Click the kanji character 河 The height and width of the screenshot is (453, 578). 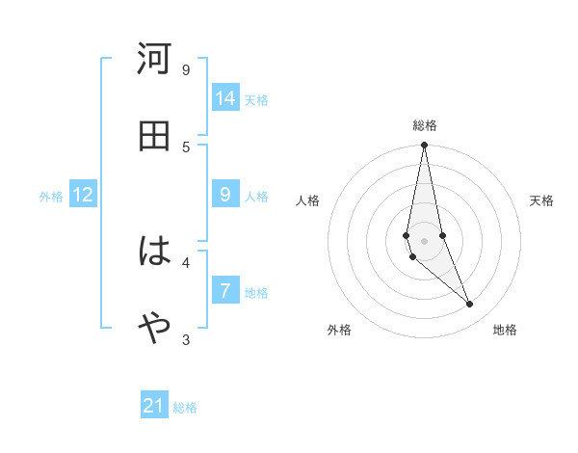[154, 60]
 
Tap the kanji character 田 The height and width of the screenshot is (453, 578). [154, 136]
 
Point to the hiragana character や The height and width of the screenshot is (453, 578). [154, 329]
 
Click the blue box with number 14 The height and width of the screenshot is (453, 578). [225, 98]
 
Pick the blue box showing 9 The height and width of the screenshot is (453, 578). [225, 195]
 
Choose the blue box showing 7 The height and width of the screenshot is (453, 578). [225, 291]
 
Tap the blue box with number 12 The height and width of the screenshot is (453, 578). [83, 195]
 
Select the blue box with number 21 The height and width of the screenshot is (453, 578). [154, 406]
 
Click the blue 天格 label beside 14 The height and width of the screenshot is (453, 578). [256, 100]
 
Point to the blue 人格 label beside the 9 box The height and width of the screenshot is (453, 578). [256, 197]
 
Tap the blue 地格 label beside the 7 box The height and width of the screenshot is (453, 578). [256, 293]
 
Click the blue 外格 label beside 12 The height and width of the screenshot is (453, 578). [51, 197]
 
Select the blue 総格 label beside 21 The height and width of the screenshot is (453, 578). [185, 408]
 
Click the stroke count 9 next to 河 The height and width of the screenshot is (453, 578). [186, 69]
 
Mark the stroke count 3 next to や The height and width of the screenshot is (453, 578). [186, 339]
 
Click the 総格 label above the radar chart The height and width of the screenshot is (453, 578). [425, 125]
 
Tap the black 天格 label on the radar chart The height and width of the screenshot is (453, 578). [542, 200]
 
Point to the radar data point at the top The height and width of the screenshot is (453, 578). [424, 146]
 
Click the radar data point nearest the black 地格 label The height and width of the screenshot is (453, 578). [470, 305]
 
